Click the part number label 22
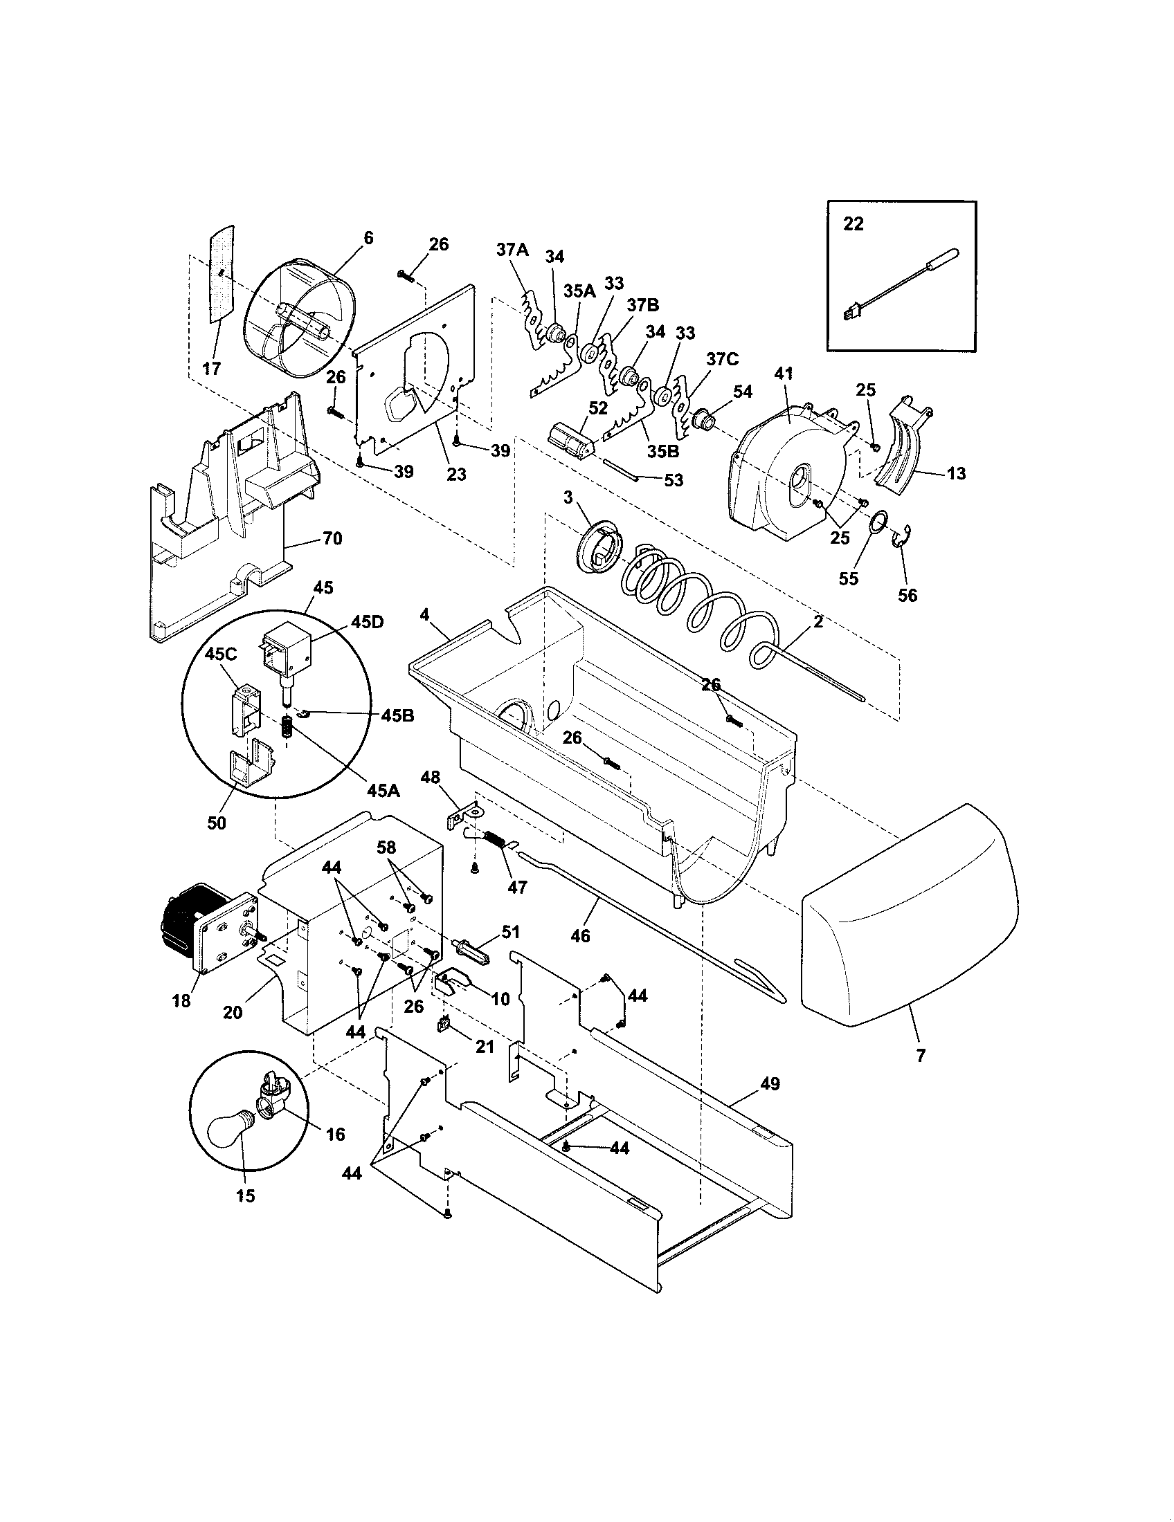click(854, 223)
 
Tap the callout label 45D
click(367, 621)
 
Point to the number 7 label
click(920, 1055)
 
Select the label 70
click(332, 538)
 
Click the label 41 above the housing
click(784, 374)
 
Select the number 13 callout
click(957, 473)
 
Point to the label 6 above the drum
click(368, 239)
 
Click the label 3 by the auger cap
click(568, 497)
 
